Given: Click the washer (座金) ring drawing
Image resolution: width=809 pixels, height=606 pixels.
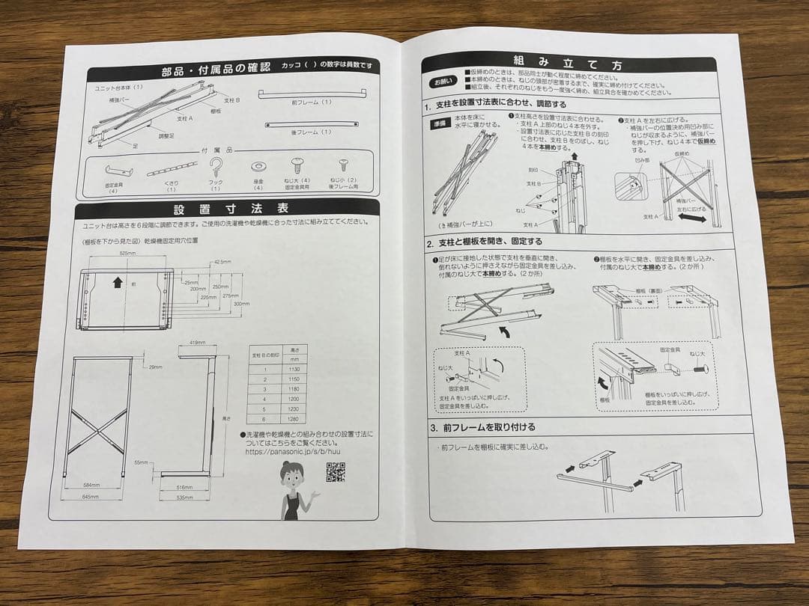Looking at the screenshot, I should (x=258, y=165).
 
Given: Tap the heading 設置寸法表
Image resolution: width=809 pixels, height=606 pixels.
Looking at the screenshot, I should (x=231, y=208).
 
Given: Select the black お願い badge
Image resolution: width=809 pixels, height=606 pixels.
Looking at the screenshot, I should (x=441, y=81).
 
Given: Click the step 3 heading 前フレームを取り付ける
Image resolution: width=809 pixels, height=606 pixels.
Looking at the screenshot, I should (x=487, y=427).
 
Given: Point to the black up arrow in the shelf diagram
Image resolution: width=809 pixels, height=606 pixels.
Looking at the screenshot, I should (x=117, y=283).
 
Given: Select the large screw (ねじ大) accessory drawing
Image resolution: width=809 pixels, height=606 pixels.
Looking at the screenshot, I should (x=297, y=165).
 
